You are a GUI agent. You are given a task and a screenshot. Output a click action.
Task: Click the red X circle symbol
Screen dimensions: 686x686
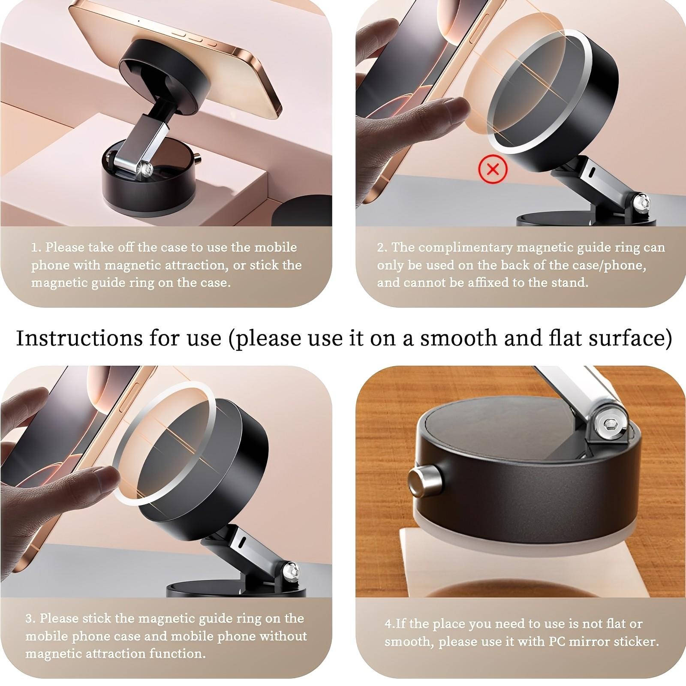pos(493,169)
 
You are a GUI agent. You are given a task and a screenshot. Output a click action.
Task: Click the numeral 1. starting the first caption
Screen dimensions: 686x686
pos(36,247)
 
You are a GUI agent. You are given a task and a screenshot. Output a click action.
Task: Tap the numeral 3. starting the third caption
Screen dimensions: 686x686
pos(30,618)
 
